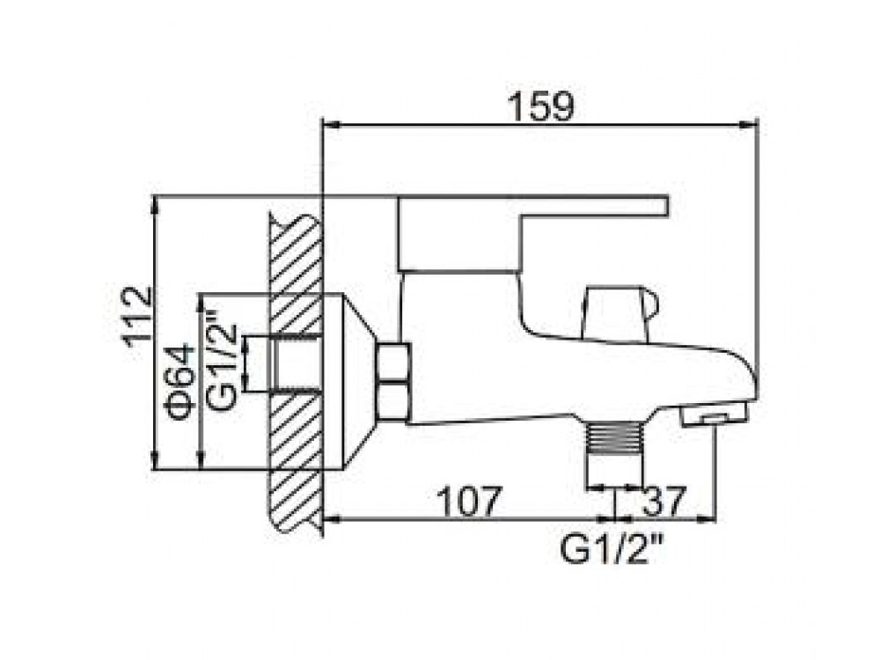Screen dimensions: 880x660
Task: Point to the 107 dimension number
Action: point(468,502)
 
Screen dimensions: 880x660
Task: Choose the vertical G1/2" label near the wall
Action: point(221,359)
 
